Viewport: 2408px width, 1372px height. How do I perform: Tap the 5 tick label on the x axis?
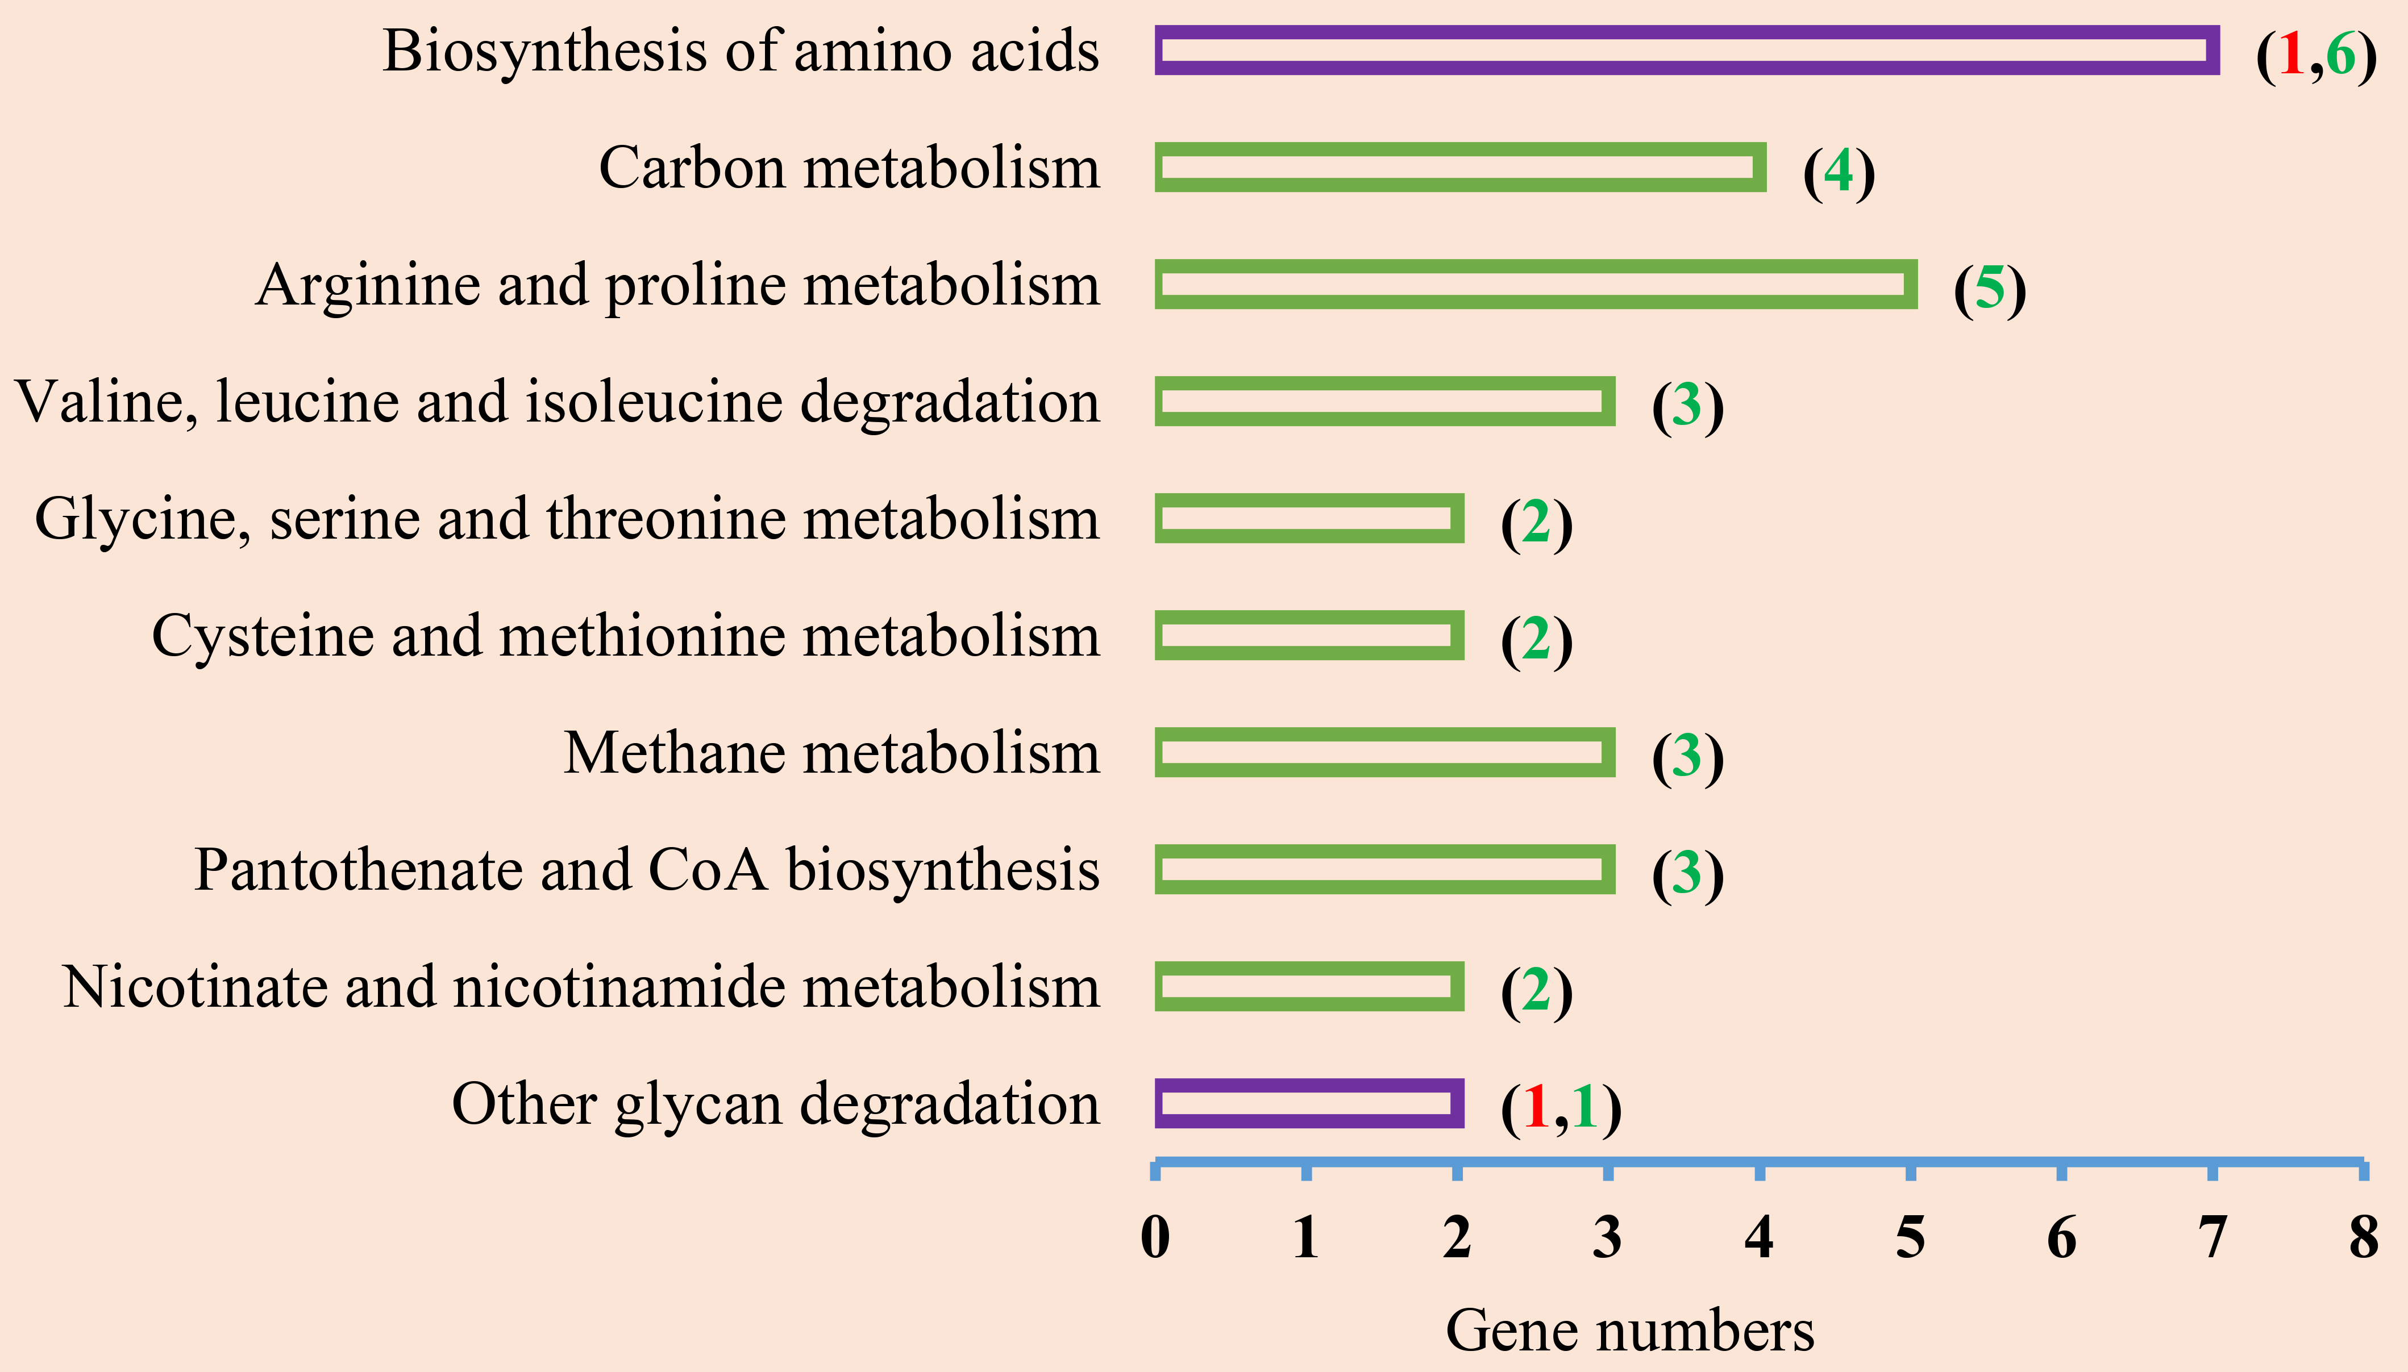tap(1910, 1237)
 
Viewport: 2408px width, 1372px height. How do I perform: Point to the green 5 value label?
tap(1990, 289)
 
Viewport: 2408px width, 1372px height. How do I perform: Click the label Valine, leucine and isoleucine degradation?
tap(558, 402)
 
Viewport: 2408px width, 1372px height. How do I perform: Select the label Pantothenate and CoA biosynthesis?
tap(647, 869)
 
